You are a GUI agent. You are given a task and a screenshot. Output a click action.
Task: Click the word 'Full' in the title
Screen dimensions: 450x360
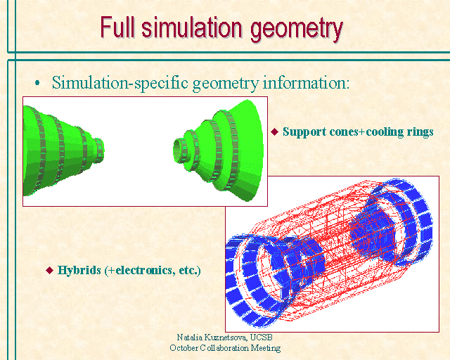[x=117, y=27]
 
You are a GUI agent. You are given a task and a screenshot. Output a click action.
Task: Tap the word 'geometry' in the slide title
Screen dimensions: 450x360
[x=297, y=30]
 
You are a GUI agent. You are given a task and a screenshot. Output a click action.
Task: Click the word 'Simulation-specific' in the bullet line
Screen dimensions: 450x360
[x=120, y=83]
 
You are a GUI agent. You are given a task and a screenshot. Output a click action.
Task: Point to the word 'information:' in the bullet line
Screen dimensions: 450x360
[x=307, y=82]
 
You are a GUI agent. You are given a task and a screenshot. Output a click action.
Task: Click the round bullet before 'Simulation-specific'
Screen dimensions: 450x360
[x=37, y=83]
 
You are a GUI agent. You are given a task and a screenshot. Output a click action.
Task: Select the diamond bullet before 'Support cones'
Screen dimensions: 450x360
[x=275, y=131]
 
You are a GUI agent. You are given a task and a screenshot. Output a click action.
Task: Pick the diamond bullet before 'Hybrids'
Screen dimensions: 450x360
[x=50, y=270]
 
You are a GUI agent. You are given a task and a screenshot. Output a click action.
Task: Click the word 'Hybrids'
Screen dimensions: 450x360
[x=79, y=270]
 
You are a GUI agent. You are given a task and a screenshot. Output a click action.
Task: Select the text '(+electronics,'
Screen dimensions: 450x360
[x=140, y=271]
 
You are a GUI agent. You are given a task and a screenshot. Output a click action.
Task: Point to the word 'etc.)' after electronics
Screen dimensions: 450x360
[x=190, y=271]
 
